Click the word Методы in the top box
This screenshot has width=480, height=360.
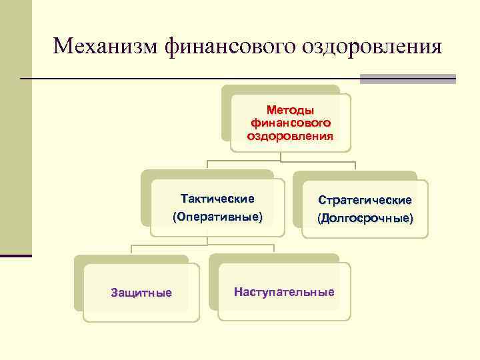coord(290,109)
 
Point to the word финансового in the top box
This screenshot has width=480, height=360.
coord(290,123)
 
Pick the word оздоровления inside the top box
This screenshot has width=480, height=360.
coord(290,136)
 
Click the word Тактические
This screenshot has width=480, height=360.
coord(217,199)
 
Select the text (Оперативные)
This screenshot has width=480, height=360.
coord(217,217)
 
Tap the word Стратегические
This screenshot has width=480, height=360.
coord(365,200)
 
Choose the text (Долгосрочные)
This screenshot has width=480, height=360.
coord(365,218)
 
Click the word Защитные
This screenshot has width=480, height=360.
coord(141,293)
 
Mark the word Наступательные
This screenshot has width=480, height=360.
coord(284,292)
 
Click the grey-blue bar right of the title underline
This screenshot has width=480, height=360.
coord(407,79)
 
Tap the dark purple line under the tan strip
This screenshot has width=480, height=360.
coord(15,256)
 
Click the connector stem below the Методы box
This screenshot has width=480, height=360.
coord(281,157)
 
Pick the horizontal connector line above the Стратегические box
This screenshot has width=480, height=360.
coord(320,161)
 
